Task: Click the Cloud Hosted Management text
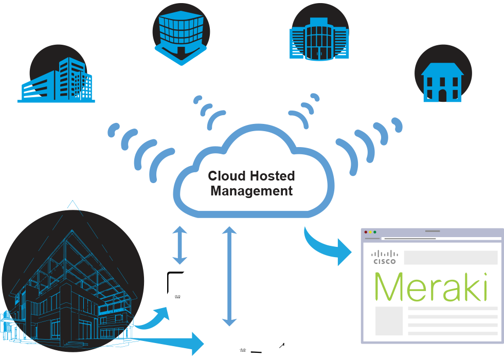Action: pyautogui.click(x=251, y=184)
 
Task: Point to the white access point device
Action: pyautogui.click(x=177, y=285)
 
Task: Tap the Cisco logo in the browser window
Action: pyautogui.click(x=384, y=257)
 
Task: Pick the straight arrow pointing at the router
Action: pyautogui.click(x=170, y=340)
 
